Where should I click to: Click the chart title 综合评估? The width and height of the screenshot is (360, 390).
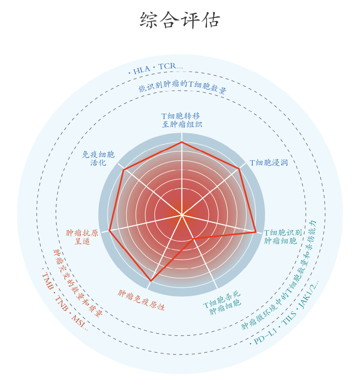pyautogui.click(x=180, y=20)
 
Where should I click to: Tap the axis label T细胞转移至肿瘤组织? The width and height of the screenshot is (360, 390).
pyautogui.click(x=181, y=120)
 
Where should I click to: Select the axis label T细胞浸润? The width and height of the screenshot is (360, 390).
pyautogui.click(x=269, y=163)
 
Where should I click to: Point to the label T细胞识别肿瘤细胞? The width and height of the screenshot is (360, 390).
pyautogui.click(x=283, y=236)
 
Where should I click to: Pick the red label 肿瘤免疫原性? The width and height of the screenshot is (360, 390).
pyautogui.click(x=141, y=300)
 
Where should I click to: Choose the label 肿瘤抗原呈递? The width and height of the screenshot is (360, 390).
pyautogui.click(x=82, y=237)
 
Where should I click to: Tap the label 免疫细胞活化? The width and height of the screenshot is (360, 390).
pyautogui.click(x=98, y=158)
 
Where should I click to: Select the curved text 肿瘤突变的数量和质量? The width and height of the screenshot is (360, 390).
pyautogui.click(x=78, y=284)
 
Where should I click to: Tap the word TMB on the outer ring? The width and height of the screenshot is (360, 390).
pyautogui.click(x=48, y=281)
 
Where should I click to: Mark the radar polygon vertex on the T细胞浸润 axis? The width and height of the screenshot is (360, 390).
pyautogui.click(x=239, y=169)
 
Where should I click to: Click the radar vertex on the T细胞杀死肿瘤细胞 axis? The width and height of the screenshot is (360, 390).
pyautogui.click(x=194, y=238)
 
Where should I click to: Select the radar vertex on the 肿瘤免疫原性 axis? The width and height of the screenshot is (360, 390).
pyautogui.click(x=151, y=281)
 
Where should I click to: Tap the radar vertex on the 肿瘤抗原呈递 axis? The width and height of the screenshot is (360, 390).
pyautogui.click(x=110, y=231)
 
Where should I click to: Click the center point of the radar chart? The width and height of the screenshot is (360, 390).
pyautogui.click(x=182, y=215)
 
